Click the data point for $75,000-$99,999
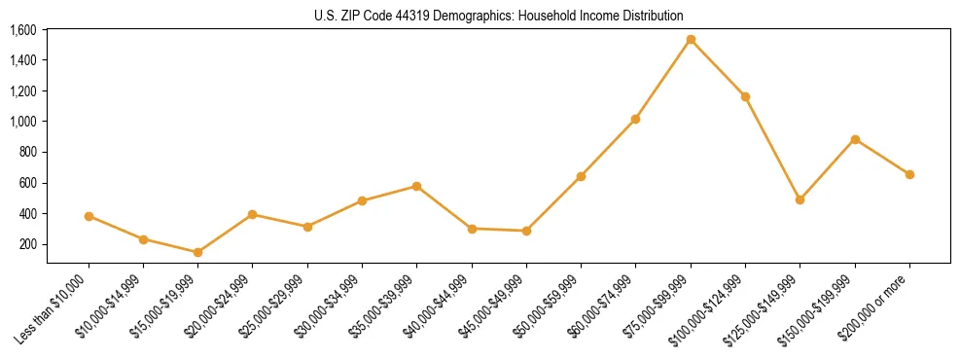691,40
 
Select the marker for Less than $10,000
89,216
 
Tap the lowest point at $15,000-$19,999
198,252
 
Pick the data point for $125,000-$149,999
800,199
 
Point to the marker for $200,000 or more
909,174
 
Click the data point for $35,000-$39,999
417,186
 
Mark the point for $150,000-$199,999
855,139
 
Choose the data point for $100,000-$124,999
745,96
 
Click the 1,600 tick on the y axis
23,30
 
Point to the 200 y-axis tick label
28,244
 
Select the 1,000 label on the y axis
23,122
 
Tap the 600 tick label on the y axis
28,183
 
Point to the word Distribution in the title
656,17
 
